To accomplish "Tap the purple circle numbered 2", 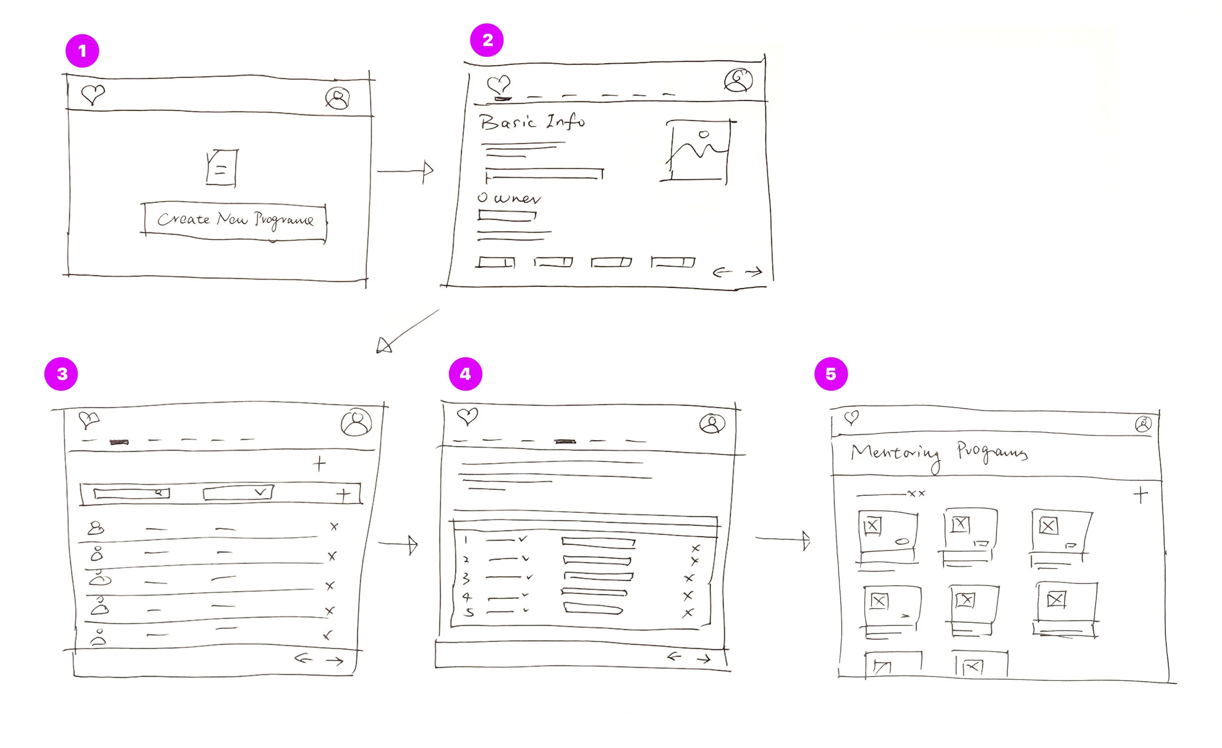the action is [x=486, y=40].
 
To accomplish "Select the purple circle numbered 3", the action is [x=61, y=374].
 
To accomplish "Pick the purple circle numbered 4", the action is [x=465, y=374].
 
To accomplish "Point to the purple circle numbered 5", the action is [x=830, y=374].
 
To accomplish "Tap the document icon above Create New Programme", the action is [x=221, y=168].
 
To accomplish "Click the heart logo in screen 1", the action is [x=93, y=94].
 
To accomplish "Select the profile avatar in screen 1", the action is [x=337, y=98].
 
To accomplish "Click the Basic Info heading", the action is [x=532, y=122].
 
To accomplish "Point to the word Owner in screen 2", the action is [x=509, y=198].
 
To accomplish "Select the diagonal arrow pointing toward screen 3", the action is [x=407, y=331].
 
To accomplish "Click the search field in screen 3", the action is [x=131, y=493].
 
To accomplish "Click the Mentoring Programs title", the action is [x=938, y=453].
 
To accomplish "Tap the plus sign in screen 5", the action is [x=1140, y=495].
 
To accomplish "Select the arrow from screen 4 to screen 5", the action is [x=783, y=539].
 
